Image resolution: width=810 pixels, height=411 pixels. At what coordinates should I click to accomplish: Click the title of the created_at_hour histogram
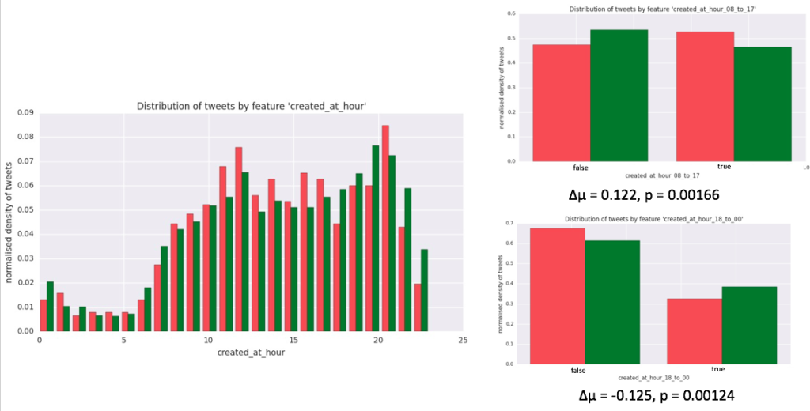coord(248,105)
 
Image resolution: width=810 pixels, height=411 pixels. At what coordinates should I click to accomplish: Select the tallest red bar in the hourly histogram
coord(385,228)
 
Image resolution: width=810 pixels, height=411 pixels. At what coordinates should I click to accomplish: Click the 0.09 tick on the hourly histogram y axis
coord(26,112)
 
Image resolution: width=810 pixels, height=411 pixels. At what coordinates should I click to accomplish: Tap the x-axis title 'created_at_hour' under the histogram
coord(251,353)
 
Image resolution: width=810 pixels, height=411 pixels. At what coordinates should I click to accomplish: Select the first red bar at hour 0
coord(43,315)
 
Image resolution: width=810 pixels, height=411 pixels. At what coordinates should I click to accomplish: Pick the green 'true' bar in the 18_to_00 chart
coord(748,325)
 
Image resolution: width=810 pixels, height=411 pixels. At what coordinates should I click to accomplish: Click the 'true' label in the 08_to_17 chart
coord(723,168)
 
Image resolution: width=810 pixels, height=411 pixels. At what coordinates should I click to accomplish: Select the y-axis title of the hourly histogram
coord(10,222)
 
